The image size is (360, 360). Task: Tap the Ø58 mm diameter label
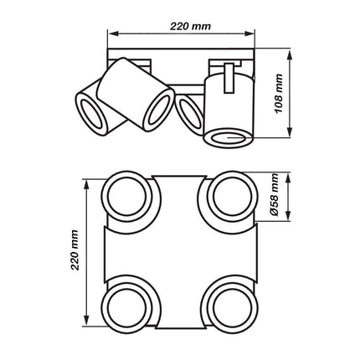click(x=275, y=202)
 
